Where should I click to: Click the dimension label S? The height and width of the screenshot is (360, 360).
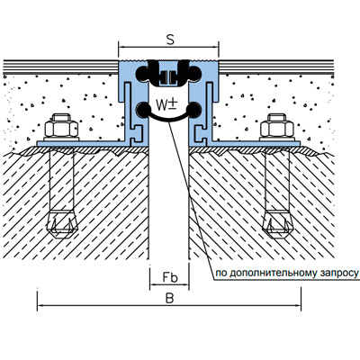pos(170,40)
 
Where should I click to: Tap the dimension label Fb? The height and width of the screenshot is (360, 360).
pos(170,277)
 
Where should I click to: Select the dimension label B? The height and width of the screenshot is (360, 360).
pos(169,298)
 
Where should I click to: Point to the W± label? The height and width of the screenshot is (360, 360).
pos(166,104)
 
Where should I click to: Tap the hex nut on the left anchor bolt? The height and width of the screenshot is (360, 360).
pos(61,129)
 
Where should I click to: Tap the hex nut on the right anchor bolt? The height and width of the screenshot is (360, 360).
pos(277,129)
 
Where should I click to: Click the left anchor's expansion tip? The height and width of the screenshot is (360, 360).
pos(62,225)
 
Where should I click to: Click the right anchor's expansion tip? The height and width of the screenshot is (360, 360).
pos(277,225)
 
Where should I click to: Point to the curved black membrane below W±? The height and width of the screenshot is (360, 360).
pos(169,118)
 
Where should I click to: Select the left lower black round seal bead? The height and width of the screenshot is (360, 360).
pos(143,110)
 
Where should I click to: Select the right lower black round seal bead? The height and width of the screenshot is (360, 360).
pos(194,110)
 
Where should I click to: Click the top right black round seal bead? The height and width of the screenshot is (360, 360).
pos(195,73)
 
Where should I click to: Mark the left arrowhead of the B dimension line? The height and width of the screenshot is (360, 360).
pos(40,306)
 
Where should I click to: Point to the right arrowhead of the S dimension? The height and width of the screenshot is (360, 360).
pos(215,47)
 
